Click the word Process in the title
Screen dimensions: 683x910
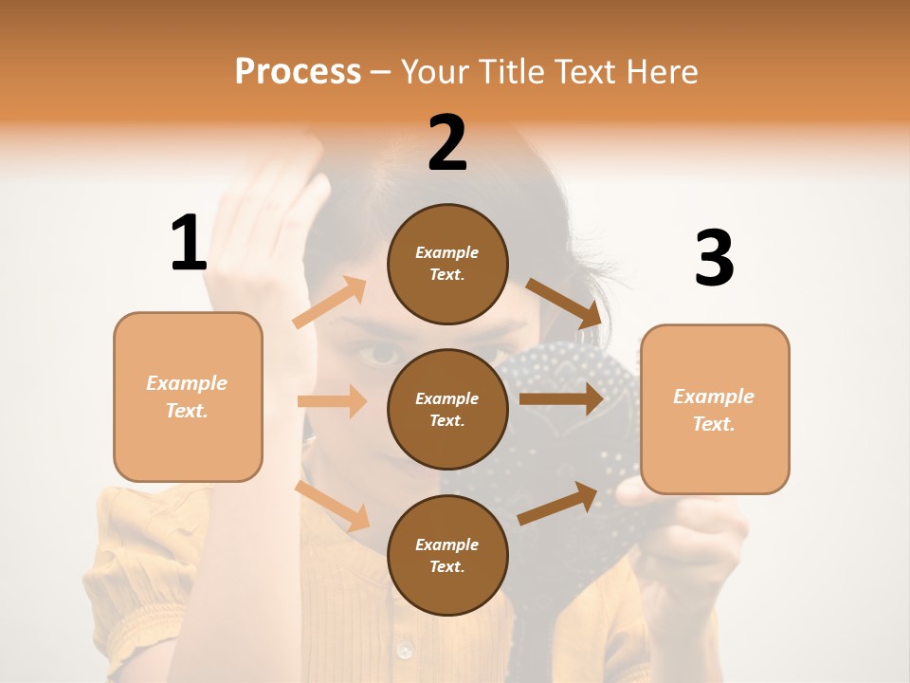coord(298,71)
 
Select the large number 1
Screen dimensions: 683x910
coord(189,243)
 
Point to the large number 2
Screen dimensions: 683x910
coord(447,143)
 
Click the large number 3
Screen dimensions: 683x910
coord(714,258)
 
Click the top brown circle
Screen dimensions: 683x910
coord(447,264)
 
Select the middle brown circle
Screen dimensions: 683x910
coord(447,409)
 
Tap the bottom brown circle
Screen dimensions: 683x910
coord(447,555)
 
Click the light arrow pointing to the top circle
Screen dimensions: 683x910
coord(330,303)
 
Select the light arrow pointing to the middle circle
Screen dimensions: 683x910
coord(332,401)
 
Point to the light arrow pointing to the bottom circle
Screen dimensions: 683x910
coord(333,506)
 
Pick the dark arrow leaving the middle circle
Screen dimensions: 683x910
coord(560,398)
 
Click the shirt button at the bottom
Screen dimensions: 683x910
coord(406,651)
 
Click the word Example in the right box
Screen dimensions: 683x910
coord(714,397)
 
